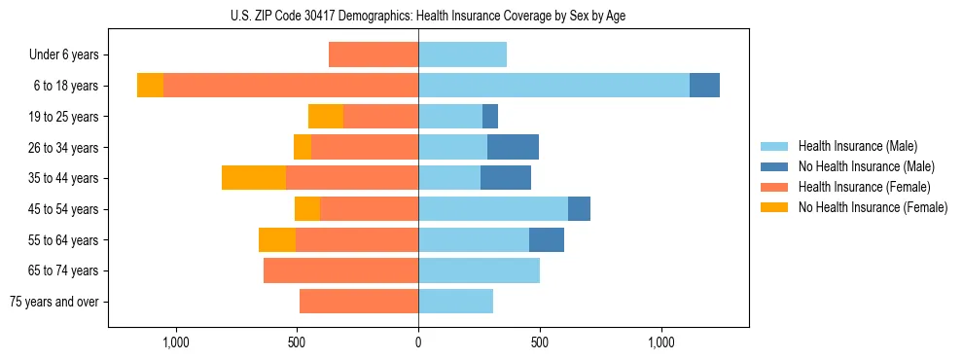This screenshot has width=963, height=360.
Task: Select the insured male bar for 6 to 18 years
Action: pyautogui.click(x=553, y=86)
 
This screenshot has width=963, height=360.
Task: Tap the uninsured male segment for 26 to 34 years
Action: pyautogui.click(x=513, y=147)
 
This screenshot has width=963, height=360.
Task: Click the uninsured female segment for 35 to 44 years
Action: pyautogui.click(x=253, y=178)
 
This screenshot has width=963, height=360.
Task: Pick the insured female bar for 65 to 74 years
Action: pyautogui.click(x=340, y=270)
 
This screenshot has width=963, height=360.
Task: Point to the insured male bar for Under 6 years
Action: pyautogui.click(x=462, y=54)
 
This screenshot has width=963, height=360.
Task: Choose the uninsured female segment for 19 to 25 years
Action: pyautogui.click(x=326, y=117)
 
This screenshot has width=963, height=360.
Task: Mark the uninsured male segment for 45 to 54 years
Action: pyautogui.click(x=579, y=208)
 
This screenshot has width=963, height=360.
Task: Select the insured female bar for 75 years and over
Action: pyautogui.click(x=359, y=302)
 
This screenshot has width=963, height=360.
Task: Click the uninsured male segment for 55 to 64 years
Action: pyautogui.click(x=547, y=239)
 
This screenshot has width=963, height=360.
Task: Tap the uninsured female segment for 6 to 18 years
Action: pyautogui.click(x=150, y=86)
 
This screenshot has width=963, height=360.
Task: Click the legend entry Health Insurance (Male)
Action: pyautogui.click(x=857, y=146)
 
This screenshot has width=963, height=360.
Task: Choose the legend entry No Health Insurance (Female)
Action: pyautogui.click(x=873, y=207)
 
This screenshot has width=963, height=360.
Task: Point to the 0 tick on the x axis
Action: pyautogui.click(x=418, y=342)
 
